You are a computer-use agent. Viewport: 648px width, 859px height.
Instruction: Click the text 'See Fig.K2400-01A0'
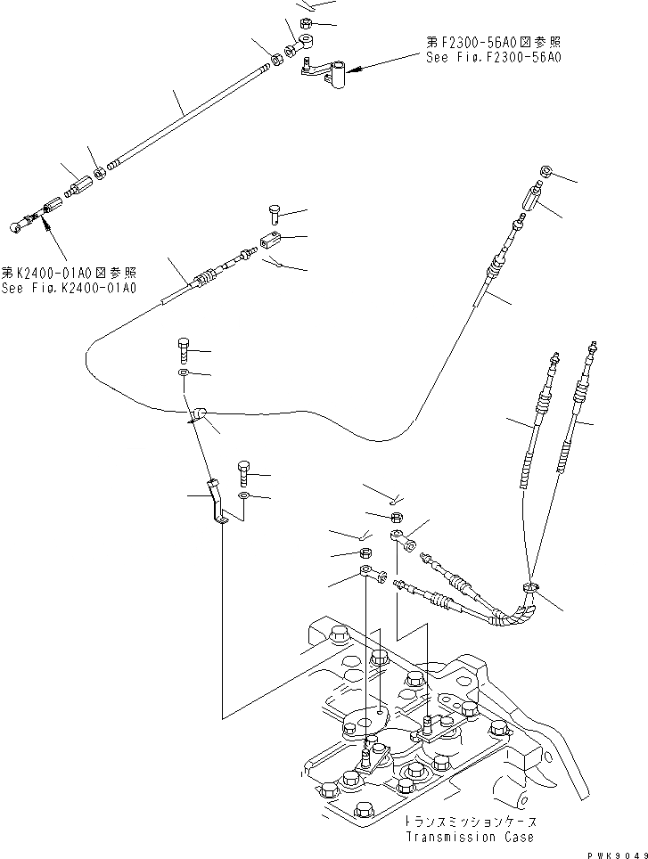(x=69, y=288)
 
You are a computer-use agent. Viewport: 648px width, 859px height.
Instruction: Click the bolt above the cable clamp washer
(x=184, y=347)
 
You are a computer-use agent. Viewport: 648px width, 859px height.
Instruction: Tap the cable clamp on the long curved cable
(x=197, y=413)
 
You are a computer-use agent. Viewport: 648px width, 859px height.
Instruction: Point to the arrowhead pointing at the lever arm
(x=352, y=68)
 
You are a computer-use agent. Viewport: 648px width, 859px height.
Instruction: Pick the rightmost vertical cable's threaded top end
(x=592, y=350)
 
